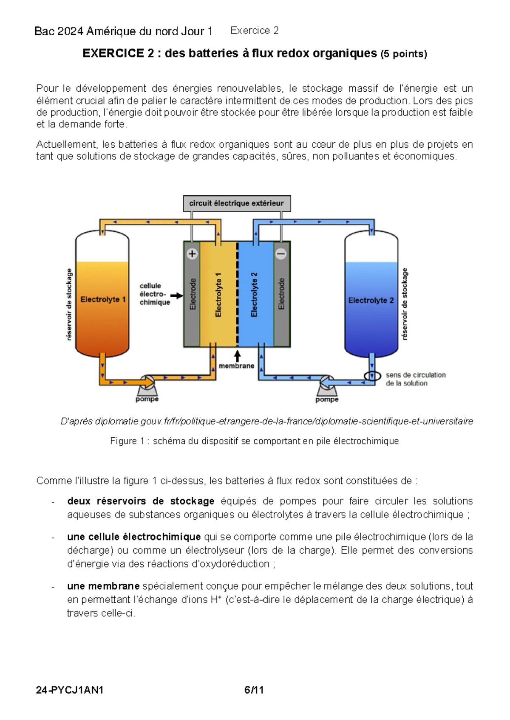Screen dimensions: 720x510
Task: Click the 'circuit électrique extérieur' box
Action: pos(237,203)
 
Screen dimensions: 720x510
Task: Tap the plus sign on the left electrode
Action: pos(192,254)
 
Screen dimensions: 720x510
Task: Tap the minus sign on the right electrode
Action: pos(281,254)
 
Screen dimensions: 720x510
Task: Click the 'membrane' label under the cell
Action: pos(236,366)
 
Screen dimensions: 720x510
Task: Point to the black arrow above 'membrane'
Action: pos(237,356)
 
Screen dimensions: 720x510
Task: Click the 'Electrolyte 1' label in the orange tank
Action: pos(103,299)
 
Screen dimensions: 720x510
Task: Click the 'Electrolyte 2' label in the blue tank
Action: pos(371,300)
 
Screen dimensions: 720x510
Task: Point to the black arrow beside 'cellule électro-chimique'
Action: pos(176,295)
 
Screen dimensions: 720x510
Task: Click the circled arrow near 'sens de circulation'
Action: pos(372,376)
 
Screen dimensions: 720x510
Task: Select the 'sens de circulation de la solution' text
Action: pos(415,379)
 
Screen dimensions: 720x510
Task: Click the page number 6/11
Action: pos(254,690)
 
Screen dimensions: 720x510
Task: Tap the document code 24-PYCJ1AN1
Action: pos(70,690)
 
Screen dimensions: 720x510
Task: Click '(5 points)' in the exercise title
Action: pos(403,54)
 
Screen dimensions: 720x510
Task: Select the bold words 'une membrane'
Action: pos(103,586)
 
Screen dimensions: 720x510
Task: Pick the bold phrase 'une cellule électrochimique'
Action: pos(134,537)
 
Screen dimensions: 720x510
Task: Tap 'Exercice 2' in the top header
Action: pos(254,31)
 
